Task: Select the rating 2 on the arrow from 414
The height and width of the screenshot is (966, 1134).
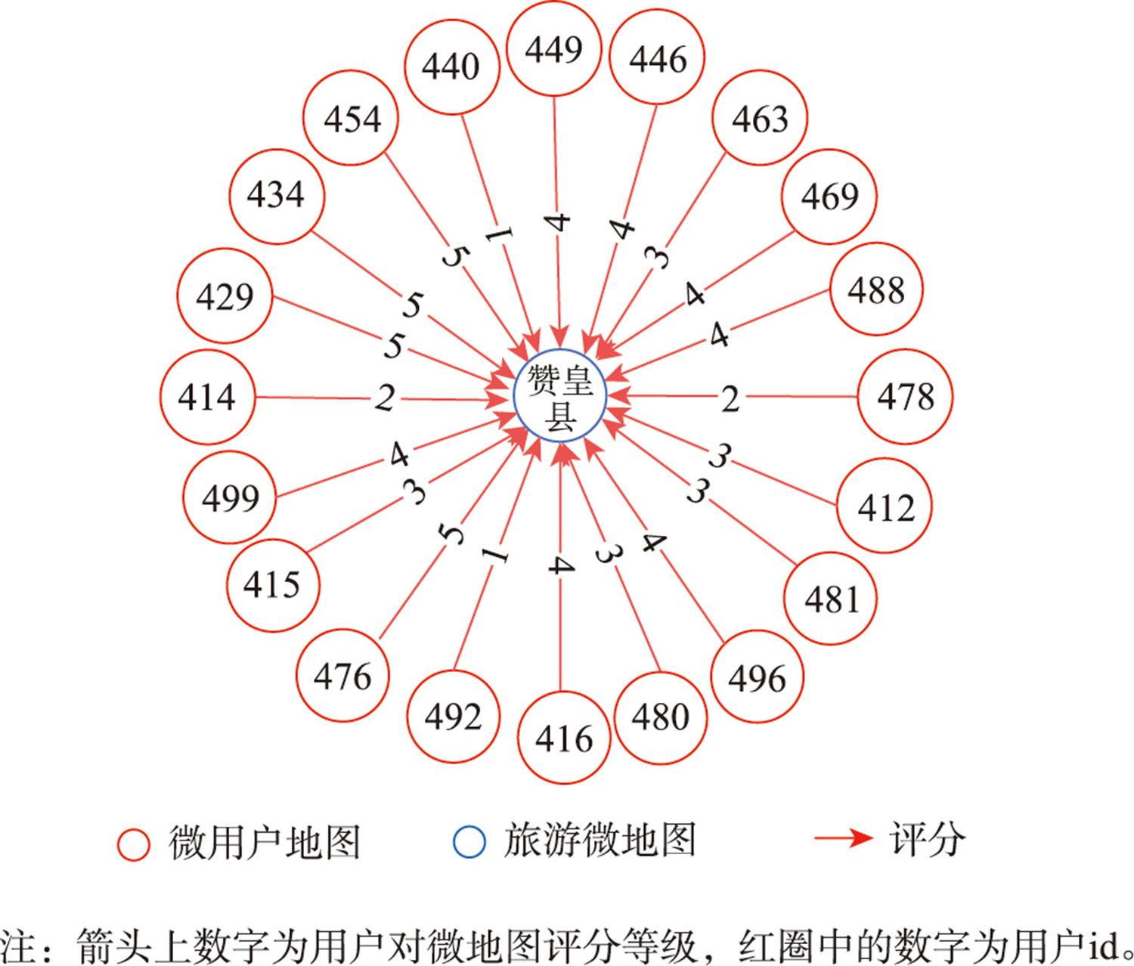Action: pos(385,398)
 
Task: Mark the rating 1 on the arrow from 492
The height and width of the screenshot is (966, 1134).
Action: pos(495,555)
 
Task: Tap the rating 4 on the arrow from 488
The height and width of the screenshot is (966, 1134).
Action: pos(719,335)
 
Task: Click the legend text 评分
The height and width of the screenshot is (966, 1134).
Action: pos(927,839)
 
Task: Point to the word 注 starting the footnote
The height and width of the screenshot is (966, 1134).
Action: pos(17,944)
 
